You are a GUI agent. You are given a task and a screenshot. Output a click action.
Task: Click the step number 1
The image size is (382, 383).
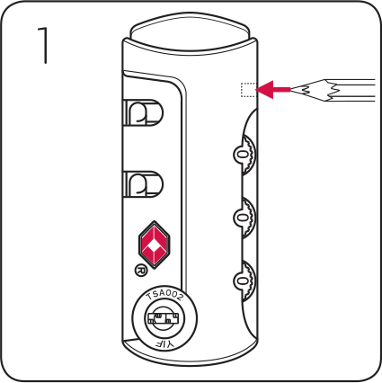pos(43,46)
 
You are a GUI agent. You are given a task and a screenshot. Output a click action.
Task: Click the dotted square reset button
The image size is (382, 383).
pos(248,90)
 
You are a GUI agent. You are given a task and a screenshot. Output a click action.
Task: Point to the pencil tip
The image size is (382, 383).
pos(292,89)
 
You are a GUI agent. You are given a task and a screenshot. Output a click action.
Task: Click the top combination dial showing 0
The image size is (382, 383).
pos(244,155)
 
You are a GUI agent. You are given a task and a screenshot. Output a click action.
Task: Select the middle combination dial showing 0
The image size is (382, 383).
pos(244,218)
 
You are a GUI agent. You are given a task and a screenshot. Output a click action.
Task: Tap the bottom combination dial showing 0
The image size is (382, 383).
pos(244,281)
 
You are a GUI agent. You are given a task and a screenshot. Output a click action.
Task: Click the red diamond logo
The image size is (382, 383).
pos(155,245)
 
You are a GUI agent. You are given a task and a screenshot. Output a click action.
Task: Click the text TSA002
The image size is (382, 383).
pos(164,296)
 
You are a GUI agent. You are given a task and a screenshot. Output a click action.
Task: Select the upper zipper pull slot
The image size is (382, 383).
pos(143,113)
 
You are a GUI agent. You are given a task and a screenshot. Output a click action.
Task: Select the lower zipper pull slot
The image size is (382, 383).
pos(143,184)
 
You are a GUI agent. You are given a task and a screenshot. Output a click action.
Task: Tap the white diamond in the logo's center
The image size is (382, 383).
pos(155,246)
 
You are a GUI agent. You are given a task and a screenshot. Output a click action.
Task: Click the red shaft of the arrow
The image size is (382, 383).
pos(281,89)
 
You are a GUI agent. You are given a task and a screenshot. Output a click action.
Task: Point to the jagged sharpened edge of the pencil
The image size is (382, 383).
pos(331,90)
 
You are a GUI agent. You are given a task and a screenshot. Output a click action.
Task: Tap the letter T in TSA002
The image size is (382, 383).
pos(149,298)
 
